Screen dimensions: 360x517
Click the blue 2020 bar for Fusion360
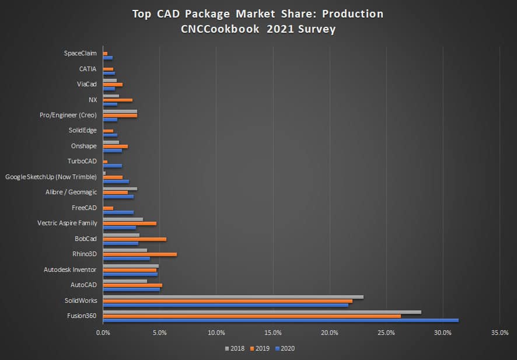pyautogui.click(x=280, y=320)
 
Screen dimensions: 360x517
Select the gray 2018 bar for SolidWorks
pyautogui.click(x=233, y=296)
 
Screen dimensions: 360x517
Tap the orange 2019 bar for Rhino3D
pyautogui.click(x=139, y=254)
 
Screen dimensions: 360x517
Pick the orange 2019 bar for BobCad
pyautogui.click(x=134, y=239)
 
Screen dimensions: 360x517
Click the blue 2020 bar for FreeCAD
pyautogui.click(x=118, y=212)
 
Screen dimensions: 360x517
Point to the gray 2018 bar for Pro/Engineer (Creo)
pyautogui.click(x=120, y=111)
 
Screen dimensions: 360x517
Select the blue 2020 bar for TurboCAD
pyautogui.click(x=112, y=166)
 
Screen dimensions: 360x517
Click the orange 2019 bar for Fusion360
pyautogui.click(x=251, y=316)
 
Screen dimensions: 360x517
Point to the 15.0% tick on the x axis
pyautogui.click(x=273, y=333)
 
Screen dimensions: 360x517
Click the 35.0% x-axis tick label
pyautogui.click(x=500, y=333)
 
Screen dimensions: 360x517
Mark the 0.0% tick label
pyautogui.click(x=103, y=333)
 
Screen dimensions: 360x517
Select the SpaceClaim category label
pyautogui.click(x=80, y=53)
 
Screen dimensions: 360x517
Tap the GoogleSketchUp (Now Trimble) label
pyautogui.click(x=51, y=176)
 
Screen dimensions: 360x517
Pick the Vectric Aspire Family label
pyautogui.click(x=67, y=223)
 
